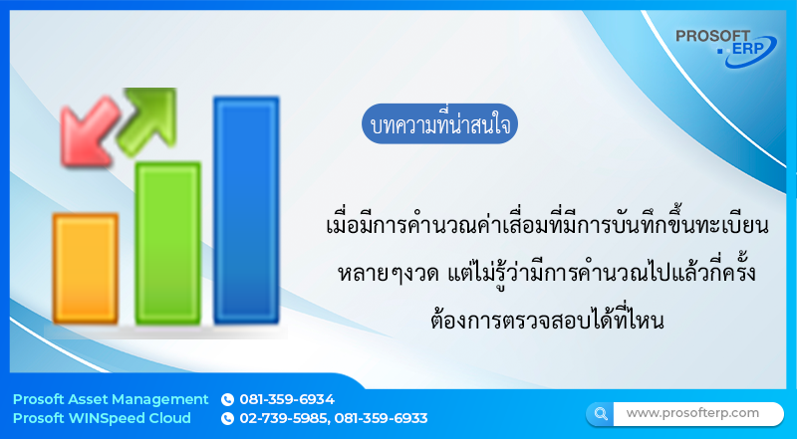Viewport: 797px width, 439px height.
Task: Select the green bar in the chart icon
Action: (x=167, y=243)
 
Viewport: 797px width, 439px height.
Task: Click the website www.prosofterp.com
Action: (x=692, y=413)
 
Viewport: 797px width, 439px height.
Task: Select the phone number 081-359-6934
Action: (x=287, y=399)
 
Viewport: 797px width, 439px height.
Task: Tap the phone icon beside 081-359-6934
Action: (x=227, y=399)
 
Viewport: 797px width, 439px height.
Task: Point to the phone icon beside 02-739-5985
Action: (x=227, y=419)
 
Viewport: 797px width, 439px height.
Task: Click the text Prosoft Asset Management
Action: (x=111, y=399)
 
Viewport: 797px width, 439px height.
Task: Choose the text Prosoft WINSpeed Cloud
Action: (x=102, y=419)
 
